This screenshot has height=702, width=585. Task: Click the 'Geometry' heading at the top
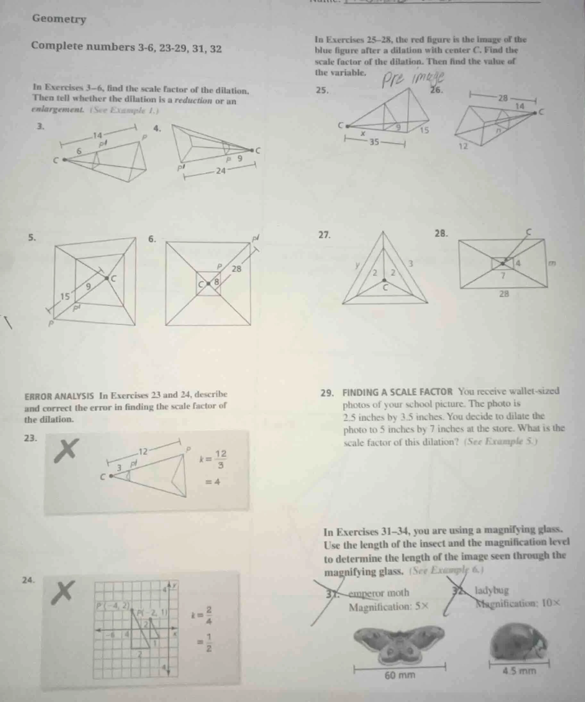tap(59, 19)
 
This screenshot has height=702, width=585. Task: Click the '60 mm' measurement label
tap(400, 675)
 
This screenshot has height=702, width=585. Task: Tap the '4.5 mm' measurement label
tap(519, 671)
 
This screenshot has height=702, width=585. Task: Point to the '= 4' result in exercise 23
tap(213, 482)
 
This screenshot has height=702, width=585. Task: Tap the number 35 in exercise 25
tap(374, 142)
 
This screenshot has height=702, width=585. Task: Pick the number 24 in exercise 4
tap(221, 171)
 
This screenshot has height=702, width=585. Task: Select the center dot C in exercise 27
tap(384, 280)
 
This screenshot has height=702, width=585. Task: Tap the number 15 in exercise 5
tap(65, 296)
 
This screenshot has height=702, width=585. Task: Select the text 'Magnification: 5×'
tap(388, 607)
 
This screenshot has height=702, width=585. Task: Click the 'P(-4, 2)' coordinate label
tap(113, 606)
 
